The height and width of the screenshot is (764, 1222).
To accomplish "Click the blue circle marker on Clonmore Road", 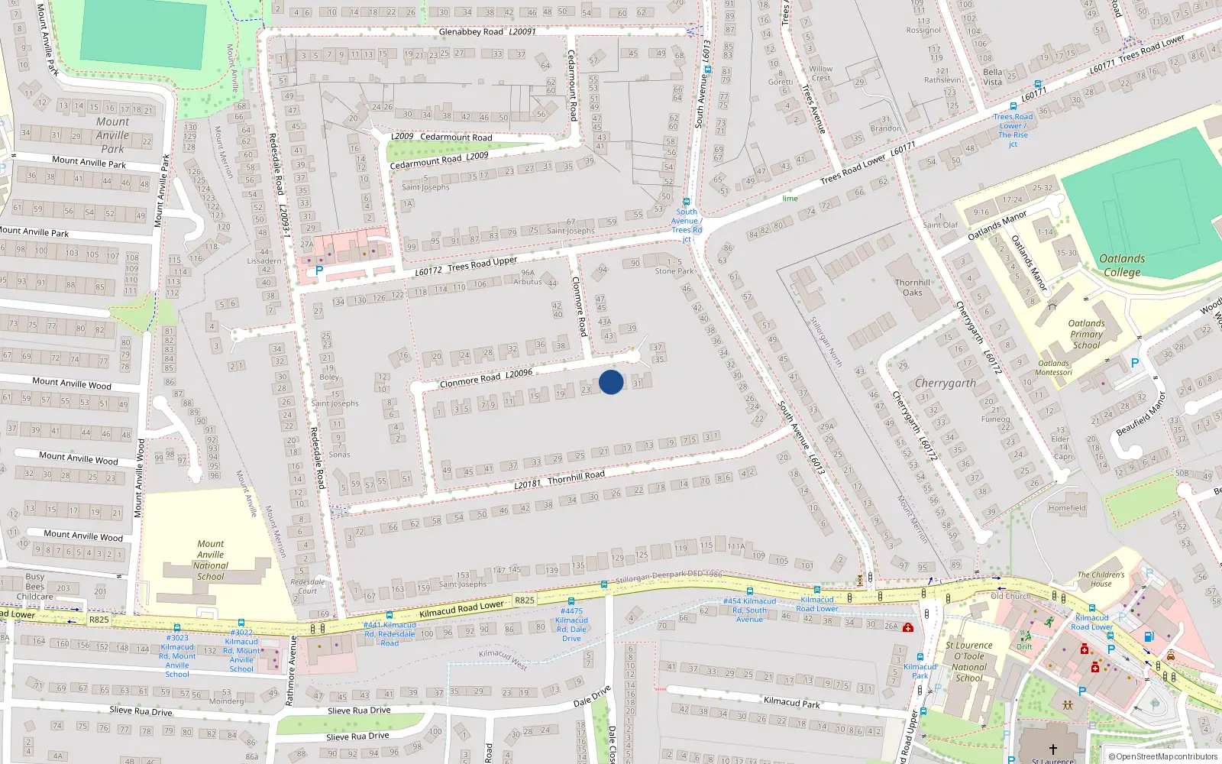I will (x=611, y=382).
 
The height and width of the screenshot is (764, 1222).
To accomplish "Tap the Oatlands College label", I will (x=1122, y=265).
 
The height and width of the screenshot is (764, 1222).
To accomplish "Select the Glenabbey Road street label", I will (x=470, y=32).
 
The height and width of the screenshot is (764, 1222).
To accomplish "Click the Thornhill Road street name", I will (x=576, y=476).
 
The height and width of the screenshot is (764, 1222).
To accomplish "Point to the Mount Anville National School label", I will (x=210, y=560).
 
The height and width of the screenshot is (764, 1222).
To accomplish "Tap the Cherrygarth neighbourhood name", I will (x=945, y=383).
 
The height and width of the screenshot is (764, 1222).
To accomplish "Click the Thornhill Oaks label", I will (x=913, y=287).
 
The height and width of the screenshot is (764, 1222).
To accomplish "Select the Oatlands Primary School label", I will (x=1086, y=334).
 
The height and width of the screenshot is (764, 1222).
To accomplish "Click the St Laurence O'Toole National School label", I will (x=969, y=661).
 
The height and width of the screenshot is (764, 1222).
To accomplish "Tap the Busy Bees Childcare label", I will (x=35, y=587).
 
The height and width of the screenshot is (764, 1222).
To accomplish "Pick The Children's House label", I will (x=1101, y=579).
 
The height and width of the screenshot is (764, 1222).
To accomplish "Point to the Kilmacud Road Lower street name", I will (x=461, y=608).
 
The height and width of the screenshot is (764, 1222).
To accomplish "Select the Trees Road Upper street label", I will (x=482, y=264).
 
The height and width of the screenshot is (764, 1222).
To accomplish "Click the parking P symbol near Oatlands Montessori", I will (x=1134, y=364).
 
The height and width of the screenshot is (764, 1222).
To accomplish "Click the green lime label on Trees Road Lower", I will (x=790, y=199).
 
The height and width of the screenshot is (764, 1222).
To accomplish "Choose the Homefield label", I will (x=1067, y=508).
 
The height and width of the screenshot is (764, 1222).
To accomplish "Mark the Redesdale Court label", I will (x=307, y=586).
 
